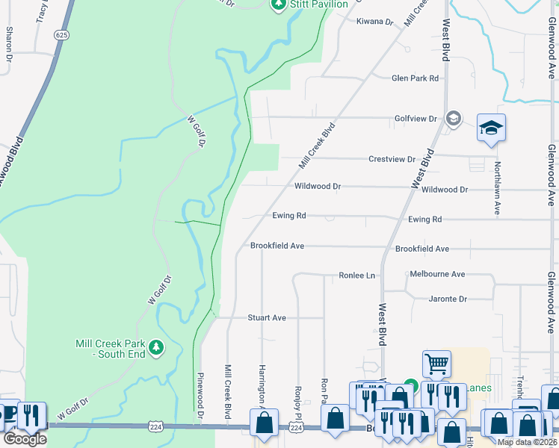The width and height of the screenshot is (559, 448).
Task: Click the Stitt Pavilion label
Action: [319, 4]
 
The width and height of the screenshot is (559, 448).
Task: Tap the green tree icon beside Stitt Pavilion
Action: [279, 4]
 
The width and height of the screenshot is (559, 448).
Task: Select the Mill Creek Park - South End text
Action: [111, 348]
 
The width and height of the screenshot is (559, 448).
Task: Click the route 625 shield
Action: [62, 35]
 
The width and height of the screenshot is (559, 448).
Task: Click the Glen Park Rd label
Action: [415, 78]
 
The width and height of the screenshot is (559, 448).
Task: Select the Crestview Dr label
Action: [392, 159]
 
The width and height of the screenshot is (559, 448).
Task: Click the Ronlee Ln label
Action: [356, 276]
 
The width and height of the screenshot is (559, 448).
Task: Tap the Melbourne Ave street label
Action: [437, 274]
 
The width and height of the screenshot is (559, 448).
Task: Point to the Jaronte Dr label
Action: [448, 299]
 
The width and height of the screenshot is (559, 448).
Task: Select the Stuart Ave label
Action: [267, 317]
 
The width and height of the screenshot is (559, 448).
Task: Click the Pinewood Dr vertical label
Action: [200, 395]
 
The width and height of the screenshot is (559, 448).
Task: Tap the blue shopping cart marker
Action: [436, 364]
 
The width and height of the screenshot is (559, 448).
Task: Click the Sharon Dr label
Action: [9, 43]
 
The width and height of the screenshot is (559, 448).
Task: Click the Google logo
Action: [25, 438]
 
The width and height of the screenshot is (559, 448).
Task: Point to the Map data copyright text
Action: [527, 442]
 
